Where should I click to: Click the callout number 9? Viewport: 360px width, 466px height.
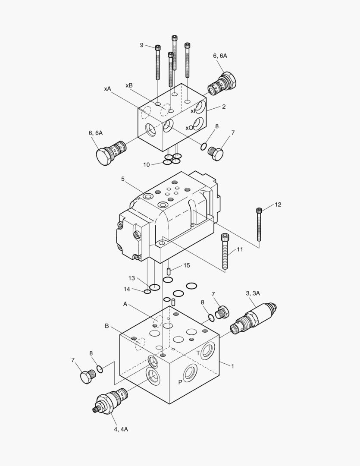(x=141, y=45)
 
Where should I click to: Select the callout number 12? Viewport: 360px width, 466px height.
(x=278, y=205)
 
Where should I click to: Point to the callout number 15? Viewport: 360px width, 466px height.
(x=186, y=265)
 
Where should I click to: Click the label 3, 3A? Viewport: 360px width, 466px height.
(x=253, y=293)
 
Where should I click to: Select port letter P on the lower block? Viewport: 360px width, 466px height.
(x=180, y=382)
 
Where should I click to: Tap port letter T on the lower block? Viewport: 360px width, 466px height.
(x=198, y=353)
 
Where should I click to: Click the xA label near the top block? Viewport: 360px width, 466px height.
(x=107, y=88)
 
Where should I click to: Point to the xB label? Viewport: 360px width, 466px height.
(x=129, y=85)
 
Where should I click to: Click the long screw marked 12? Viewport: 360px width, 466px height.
(x=259, y=224)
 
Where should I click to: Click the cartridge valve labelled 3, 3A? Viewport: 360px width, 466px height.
(x=254, y=318)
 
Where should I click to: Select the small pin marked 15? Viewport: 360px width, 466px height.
(x=169, y=271)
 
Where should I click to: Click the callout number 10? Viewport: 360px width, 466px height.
(x=147, y=164)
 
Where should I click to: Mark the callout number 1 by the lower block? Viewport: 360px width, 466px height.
(x=232, y=366)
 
